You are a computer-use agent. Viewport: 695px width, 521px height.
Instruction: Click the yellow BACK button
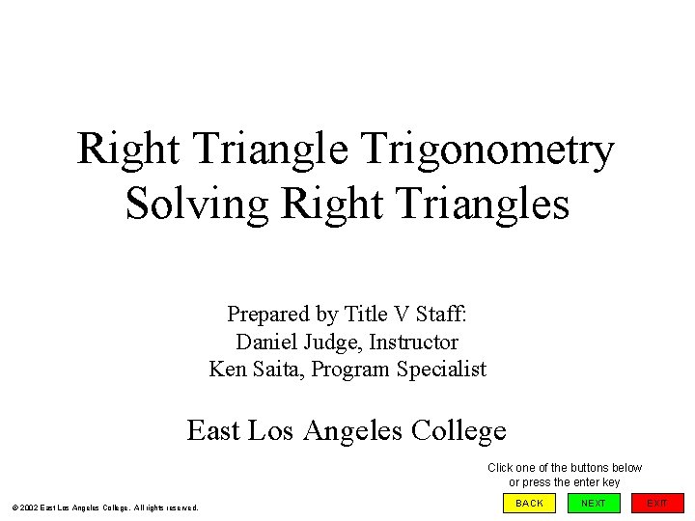pyautogui.click(x=529, y=503)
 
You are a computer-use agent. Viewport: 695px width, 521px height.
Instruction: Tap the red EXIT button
pyautogui.click(x=657, y=503)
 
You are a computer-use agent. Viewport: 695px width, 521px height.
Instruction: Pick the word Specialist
pyautogui.click(x=442, y=369)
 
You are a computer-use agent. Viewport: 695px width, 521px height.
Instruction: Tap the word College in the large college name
pyautogui.click(x=459, y=429)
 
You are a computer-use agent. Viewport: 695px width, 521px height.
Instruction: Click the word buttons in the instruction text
pyautogui.click(x=589, y=468)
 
